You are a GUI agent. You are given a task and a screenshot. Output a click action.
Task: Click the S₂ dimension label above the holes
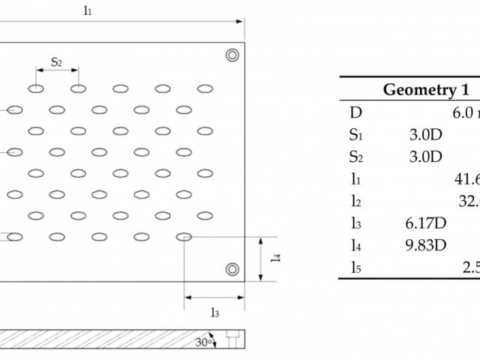click(x=56, y=61)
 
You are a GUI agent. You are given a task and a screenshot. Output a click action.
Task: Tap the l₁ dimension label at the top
click(x=88, y=10)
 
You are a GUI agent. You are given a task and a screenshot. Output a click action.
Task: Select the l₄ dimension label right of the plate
click(x=275, y=258)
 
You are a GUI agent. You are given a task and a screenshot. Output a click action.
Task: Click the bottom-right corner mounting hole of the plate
click(x=232, y=268)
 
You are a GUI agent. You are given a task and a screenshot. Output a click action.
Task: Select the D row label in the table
click(x=355, y=113)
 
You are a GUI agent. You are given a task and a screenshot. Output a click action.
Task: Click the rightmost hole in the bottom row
click(x=184, y=237)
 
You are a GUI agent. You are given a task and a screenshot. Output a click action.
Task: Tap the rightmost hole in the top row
click(x=204, y=88)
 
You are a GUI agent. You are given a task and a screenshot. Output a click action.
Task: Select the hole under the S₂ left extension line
click(x=36, y=88)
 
